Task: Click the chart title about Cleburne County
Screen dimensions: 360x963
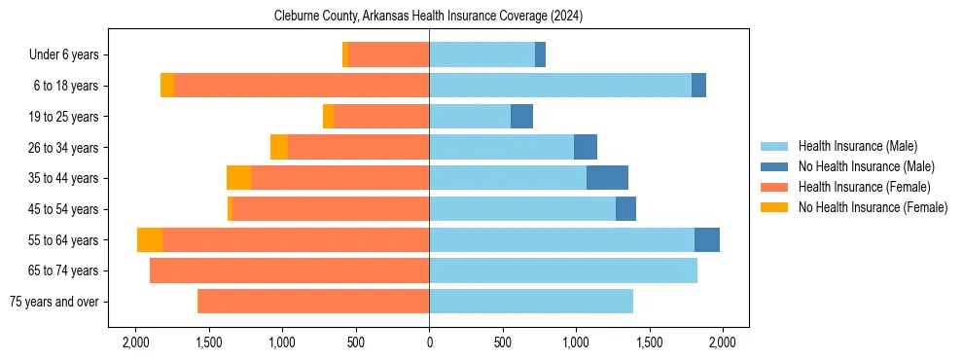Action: (x=429, y=15)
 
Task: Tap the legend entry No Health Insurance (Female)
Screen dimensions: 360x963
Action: (x=873, y=207)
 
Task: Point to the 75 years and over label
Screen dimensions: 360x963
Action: (x=53, y=302)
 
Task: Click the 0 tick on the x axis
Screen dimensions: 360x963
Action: (x=429, y=342)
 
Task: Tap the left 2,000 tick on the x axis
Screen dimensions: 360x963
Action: (x=135, y=342)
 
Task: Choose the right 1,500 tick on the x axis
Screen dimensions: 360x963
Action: (x=649, y=342)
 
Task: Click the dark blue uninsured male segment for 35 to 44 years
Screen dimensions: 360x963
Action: (x=607, y=178)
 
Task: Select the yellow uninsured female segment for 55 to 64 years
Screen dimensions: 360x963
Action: (x=150, y=240)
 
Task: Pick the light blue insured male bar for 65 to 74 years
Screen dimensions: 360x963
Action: (x=563, y=270)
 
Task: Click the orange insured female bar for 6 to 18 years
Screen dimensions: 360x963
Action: (x=302, y=86)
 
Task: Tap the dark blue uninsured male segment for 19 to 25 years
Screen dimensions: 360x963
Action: (x=521, y=117)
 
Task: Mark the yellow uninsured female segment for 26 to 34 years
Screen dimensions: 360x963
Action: (x=279, y=147)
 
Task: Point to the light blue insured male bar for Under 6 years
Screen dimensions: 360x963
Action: (x=481, y=55)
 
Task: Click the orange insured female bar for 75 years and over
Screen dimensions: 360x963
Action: (x=313, y=302)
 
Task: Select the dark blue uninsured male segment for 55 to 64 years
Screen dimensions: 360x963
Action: (x=707, y=240)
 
